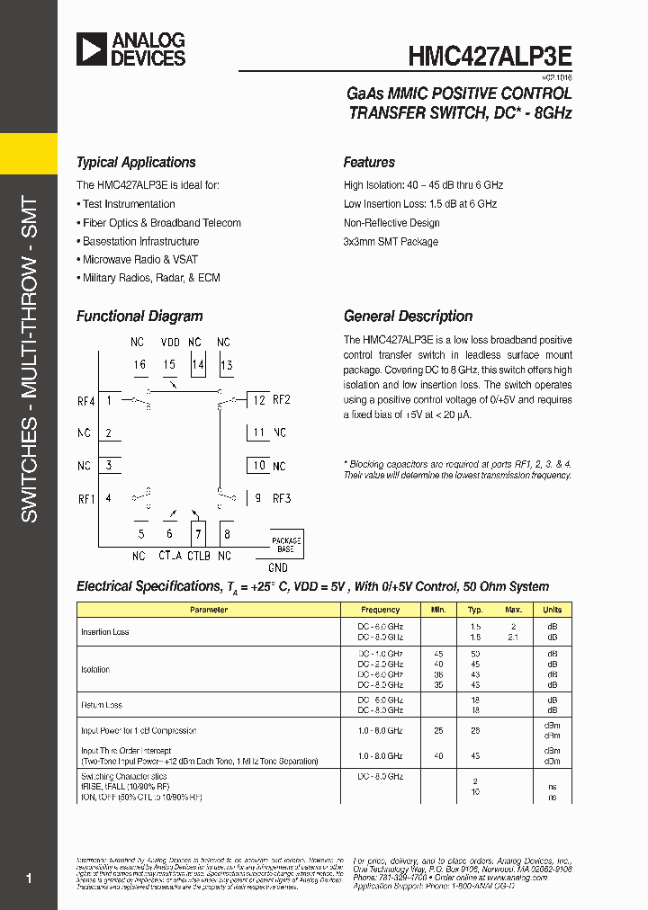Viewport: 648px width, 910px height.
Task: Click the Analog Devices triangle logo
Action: [x=91, y=49]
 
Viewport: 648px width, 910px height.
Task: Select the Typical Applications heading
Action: [x=136, y=163]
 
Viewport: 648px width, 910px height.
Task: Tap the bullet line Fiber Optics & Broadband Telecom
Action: [x=161, y=223]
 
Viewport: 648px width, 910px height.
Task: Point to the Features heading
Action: [x=369, y=163]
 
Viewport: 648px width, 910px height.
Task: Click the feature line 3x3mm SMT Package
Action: [x=391, y=242]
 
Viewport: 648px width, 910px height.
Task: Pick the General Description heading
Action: [x=408, y=317]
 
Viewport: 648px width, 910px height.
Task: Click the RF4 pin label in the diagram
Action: [x=86, y=400]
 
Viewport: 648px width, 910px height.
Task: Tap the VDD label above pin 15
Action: [x=170, y=343]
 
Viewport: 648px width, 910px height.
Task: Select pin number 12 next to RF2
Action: [x=259, y=400]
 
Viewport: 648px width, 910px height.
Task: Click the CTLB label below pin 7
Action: [x=199, y=557]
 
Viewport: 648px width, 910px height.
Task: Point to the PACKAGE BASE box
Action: [x=285, y=544]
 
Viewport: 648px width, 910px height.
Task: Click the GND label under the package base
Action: [x=278, y=568]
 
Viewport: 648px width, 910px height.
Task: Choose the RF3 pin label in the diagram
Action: [x=282, y=498]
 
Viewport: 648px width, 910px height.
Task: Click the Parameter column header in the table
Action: [x=209, y=610]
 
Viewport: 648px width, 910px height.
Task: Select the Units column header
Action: [x=552, y=610]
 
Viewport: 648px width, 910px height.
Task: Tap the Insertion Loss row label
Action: [x=105, y=632]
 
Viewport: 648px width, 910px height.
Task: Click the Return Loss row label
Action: [x=102, y=705]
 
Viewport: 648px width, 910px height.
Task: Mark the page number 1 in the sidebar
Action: [x=29, y=878]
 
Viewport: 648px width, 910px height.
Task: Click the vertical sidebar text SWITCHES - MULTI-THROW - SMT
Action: [x=29, y=360]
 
